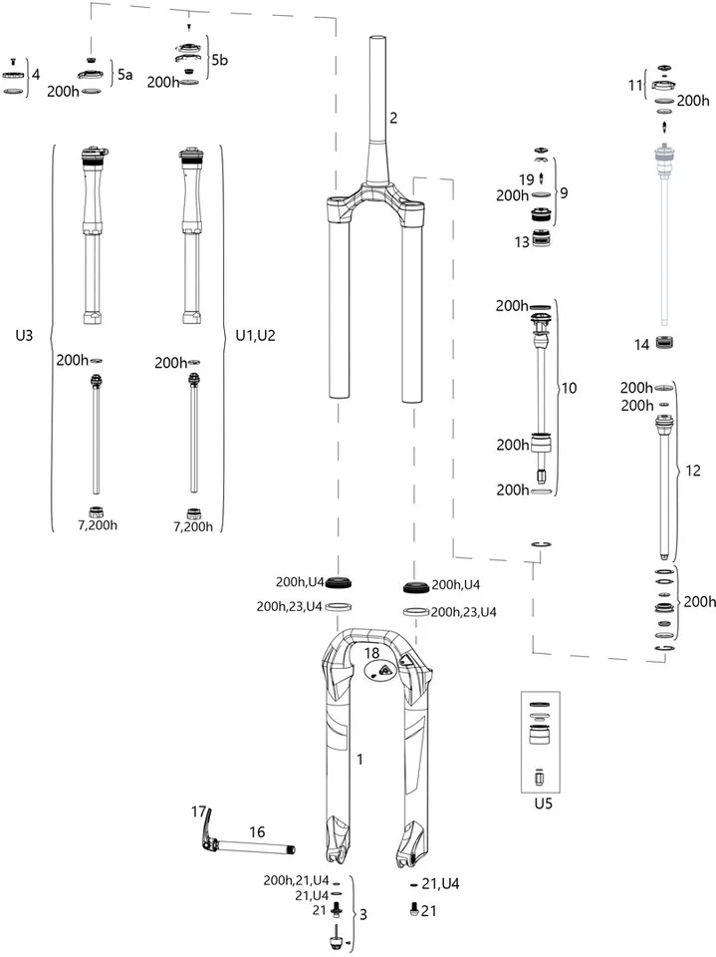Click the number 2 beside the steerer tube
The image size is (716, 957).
point(393,119)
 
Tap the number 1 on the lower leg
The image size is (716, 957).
point(359,760)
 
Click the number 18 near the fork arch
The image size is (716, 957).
point(372,652)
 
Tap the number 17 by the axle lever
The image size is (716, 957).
point(198,811)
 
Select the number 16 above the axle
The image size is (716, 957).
point(257,830)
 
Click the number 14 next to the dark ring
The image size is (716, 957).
point(642,344)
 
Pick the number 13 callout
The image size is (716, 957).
point(520,242)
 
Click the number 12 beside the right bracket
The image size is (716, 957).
point(690,469)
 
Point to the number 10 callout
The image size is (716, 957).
point(570,387)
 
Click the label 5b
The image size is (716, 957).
point(220,61)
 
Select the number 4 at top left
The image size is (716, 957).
point(36,74)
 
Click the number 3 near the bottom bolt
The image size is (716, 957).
point(363,915)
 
